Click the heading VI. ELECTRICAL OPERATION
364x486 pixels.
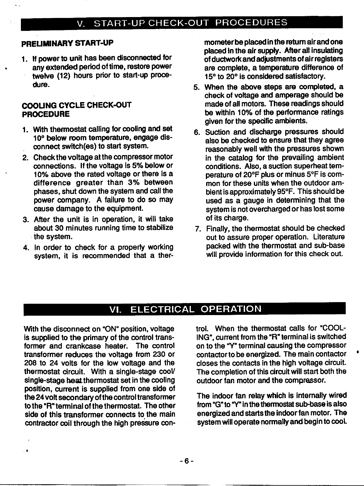point(185,309)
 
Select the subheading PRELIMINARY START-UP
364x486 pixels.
point(67,43)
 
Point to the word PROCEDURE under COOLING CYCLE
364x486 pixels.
point(46,114)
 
